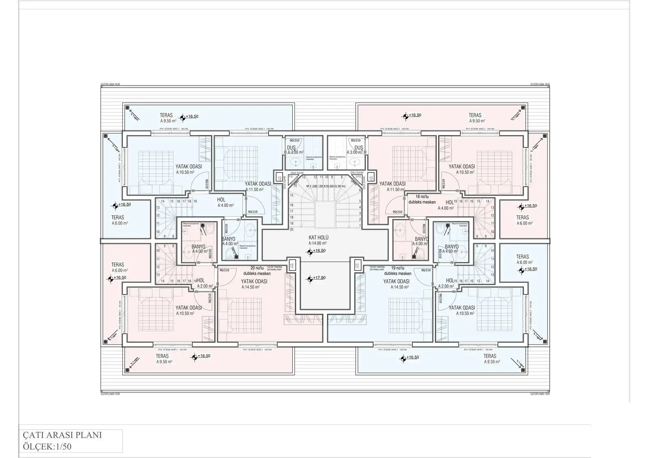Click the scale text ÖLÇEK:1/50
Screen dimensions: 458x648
[48, 447]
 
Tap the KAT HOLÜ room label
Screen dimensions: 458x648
[318, 238]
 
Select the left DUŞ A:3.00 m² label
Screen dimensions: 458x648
[295, 150]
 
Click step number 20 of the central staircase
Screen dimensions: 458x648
[292, 229]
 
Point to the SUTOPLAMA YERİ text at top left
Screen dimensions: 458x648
[110, 85]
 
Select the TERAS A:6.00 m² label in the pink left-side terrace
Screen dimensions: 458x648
[119, 267]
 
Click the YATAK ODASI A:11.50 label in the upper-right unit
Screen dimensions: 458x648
[392, 186]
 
